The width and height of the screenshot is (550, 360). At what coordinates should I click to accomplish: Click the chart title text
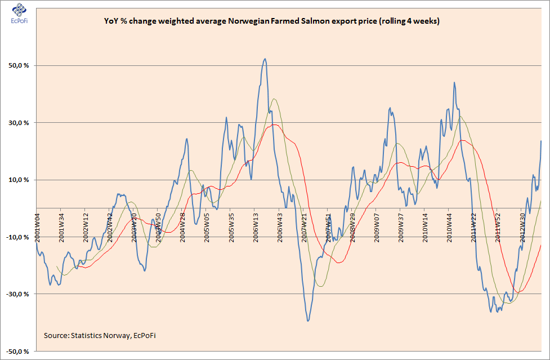[x=271, y=22]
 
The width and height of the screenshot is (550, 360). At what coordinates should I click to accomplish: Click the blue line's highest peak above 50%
[x=265, y=59]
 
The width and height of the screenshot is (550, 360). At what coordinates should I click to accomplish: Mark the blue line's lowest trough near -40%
[x=308, y=321]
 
